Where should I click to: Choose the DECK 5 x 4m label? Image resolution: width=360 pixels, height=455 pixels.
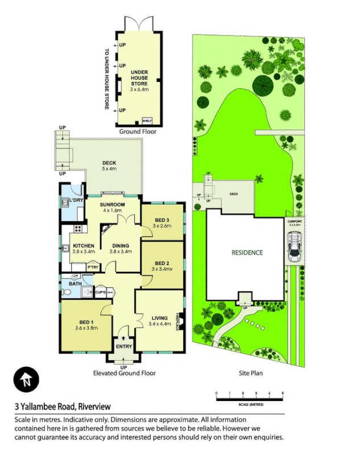(109, 165)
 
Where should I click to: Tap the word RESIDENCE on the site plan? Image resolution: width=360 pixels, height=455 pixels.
(247, 252)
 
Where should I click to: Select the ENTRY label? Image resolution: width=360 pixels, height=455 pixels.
(123, 346)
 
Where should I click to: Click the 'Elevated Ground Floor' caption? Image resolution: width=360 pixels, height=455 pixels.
(124, 374)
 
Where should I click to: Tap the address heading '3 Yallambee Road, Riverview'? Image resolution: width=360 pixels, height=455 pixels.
(63, 407)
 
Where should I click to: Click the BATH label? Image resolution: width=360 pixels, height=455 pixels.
(75, 283)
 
